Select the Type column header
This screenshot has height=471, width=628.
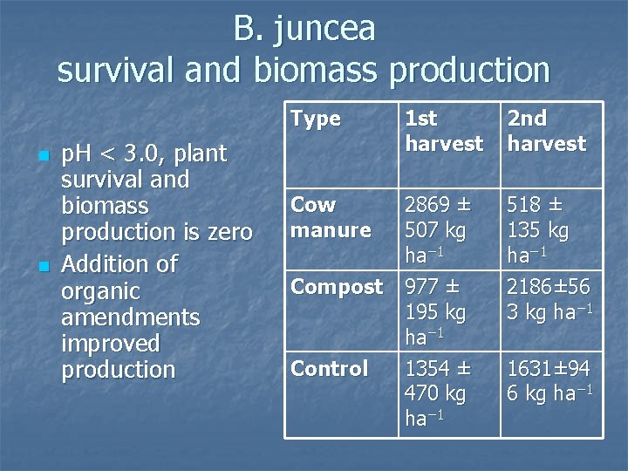point(315,119)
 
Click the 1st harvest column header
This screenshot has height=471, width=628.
point(443,131)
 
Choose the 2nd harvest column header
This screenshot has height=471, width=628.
point(546,131)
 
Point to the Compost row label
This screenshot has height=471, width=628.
point(337,287)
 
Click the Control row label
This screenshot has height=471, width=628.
point(329,369)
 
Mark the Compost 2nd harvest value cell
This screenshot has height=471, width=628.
point(549,299)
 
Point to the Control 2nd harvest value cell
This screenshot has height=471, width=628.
point(549,381)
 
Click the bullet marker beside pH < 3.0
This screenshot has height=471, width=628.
point(41,157)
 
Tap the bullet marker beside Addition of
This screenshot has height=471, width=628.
point(41,266)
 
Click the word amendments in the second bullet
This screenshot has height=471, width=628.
point(131,317)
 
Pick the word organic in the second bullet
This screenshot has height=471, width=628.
point(100,290)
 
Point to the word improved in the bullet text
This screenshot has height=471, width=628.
point(111,343)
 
